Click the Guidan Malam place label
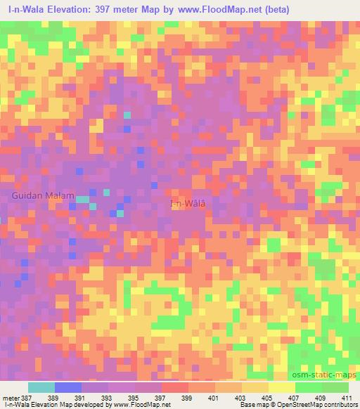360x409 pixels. point(42,196)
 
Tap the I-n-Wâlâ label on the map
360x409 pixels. point(188,204)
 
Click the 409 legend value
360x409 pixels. point(321,398)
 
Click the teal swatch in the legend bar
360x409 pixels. point(41,387)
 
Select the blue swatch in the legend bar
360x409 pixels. point(68,387)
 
